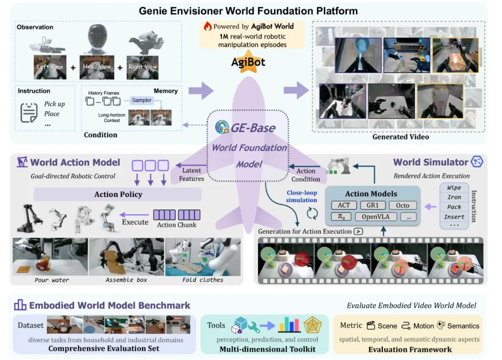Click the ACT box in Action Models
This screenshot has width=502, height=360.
[x=344, y=205]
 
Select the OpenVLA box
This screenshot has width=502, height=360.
[x=376, y=216]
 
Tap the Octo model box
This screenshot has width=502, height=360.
[x=402, y=205]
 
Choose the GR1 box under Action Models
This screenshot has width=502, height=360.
[x=373, y=205]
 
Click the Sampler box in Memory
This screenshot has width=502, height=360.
[x=142, y=100]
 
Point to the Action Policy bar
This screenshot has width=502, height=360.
[x=118, y=194]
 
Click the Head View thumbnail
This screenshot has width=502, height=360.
[x=96, y=67]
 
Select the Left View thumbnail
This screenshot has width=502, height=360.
[x=50, y=67]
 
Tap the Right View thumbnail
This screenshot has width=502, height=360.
[x=143, y=68]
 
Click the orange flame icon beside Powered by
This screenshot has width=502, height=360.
[x=208, y=26]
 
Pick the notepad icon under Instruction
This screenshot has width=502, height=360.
[x=29, y=113]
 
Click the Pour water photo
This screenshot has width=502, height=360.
[x=50, y=256]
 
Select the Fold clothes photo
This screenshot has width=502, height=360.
[x=203, y=256]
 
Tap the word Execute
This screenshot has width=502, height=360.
[x=135, y=222]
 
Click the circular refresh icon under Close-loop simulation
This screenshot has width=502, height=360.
[x=312, y=213]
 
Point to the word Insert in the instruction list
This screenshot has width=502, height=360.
[x=454, y=217]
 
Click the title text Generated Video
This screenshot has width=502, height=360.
[x=400, y=137]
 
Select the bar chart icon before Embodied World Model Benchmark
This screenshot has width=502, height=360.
[x=20, y=305]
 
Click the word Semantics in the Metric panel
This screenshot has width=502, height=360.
[x=463, y=326]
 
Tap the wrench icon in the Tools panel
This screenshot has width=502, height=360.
[x=254, y=327]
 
